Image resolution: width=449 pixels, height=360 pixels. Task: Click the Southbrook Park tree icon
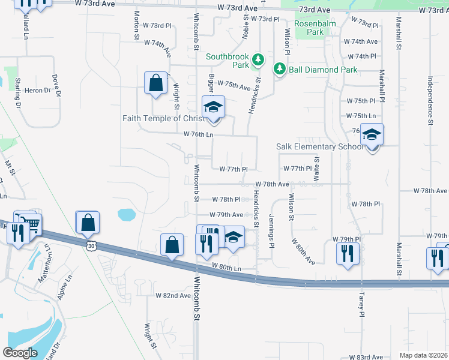[258, 59]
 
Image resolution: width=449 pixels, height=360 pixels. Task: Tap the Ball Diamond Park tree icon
[279, 69]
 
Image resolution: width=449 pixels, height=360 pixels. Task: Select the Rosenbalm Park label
[309, 28]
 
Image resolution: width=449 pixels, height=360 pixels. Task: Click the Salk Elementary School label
[319, 146]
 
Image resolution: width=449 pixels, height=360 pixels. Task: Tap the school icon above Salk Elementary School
[372, 135]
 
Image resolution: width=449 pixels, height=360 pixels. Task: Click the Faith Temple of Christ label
[160, 118]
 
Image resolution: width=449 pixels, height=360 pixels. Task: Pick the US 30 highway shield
[91, 245]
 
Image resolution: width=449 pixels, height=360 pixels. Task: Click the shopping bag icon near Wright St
[155, 83]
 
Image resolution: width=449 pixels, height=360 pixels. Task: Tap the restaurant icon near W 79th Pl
[347, 253]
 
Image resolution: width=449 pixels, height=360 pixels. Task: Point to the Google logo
[20, 352]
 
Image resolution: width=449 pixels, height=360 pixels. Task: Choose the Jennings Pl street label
[271, 227]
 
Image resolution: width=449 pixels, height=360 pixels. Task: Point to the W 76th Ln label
[198, 134]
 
